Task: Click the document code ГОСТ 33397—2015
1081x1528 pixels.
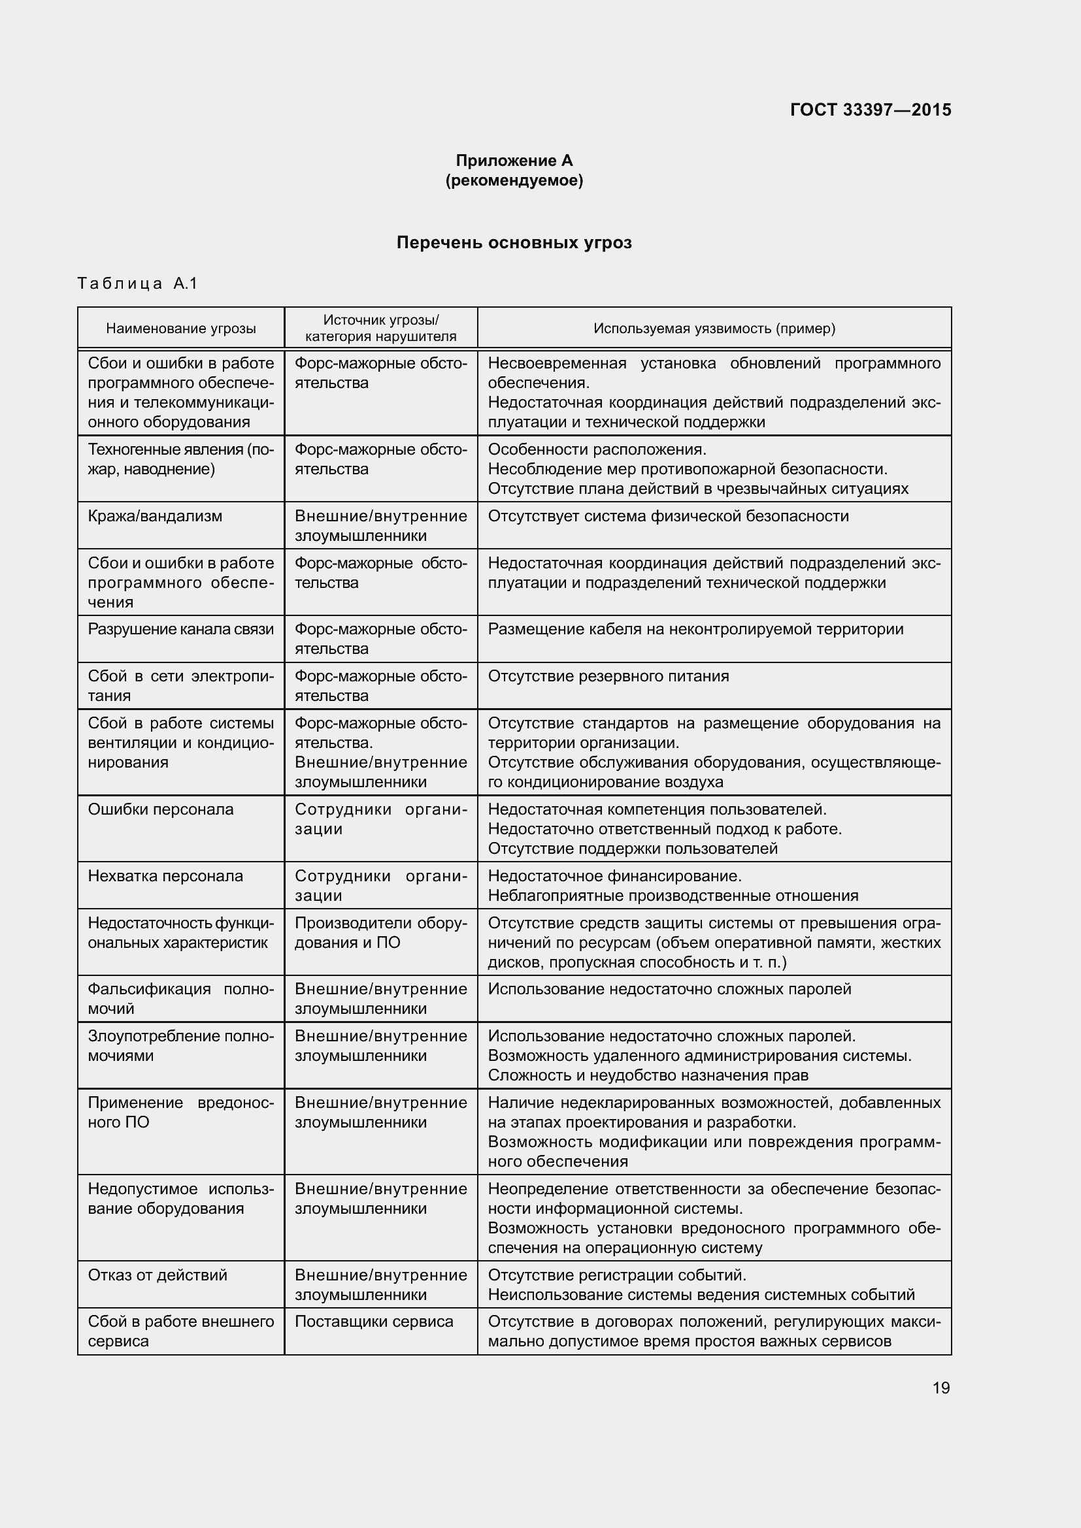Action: [870, 110]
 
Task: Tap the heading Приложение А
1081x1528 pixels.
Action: [514, 161]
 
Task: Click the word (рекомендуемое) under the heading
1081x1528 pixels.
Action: [514, 180]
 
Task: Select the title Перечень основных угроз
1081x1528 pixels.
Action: [514, 243]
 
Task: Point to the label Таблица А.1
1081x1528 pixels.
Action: [138, 284]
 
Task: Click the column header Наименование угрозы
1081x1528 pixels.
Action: [181, 328]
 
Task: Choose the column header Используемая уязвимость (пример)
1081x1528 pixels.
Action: [714, 328]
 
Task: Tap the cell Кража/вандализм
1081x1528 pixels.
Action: [155, 516]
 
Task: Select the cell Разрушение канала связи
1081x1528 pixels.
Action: [180, 629]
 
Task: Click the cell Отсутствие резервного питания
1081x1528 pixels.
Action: [608, 676]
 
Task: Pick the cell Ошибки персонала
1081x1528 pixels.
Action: [161, 809]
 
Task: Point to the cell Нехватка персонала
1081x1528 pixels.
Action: [166, 876]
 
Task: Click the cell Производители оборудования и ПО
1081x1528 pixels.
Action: [381, 932]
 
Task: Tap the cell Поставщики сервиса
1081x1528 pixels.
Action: [373, 1321]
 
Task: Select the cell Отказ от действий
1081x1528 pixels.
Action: [158, 1275]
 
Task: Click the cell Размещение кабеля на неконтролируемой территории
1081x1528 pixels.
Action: [695, 629]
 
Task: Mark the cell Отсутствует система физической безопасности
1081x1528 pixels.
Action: [669, 516]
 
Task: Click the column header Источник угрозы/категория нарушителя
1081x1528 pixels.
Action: [381, 328]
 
